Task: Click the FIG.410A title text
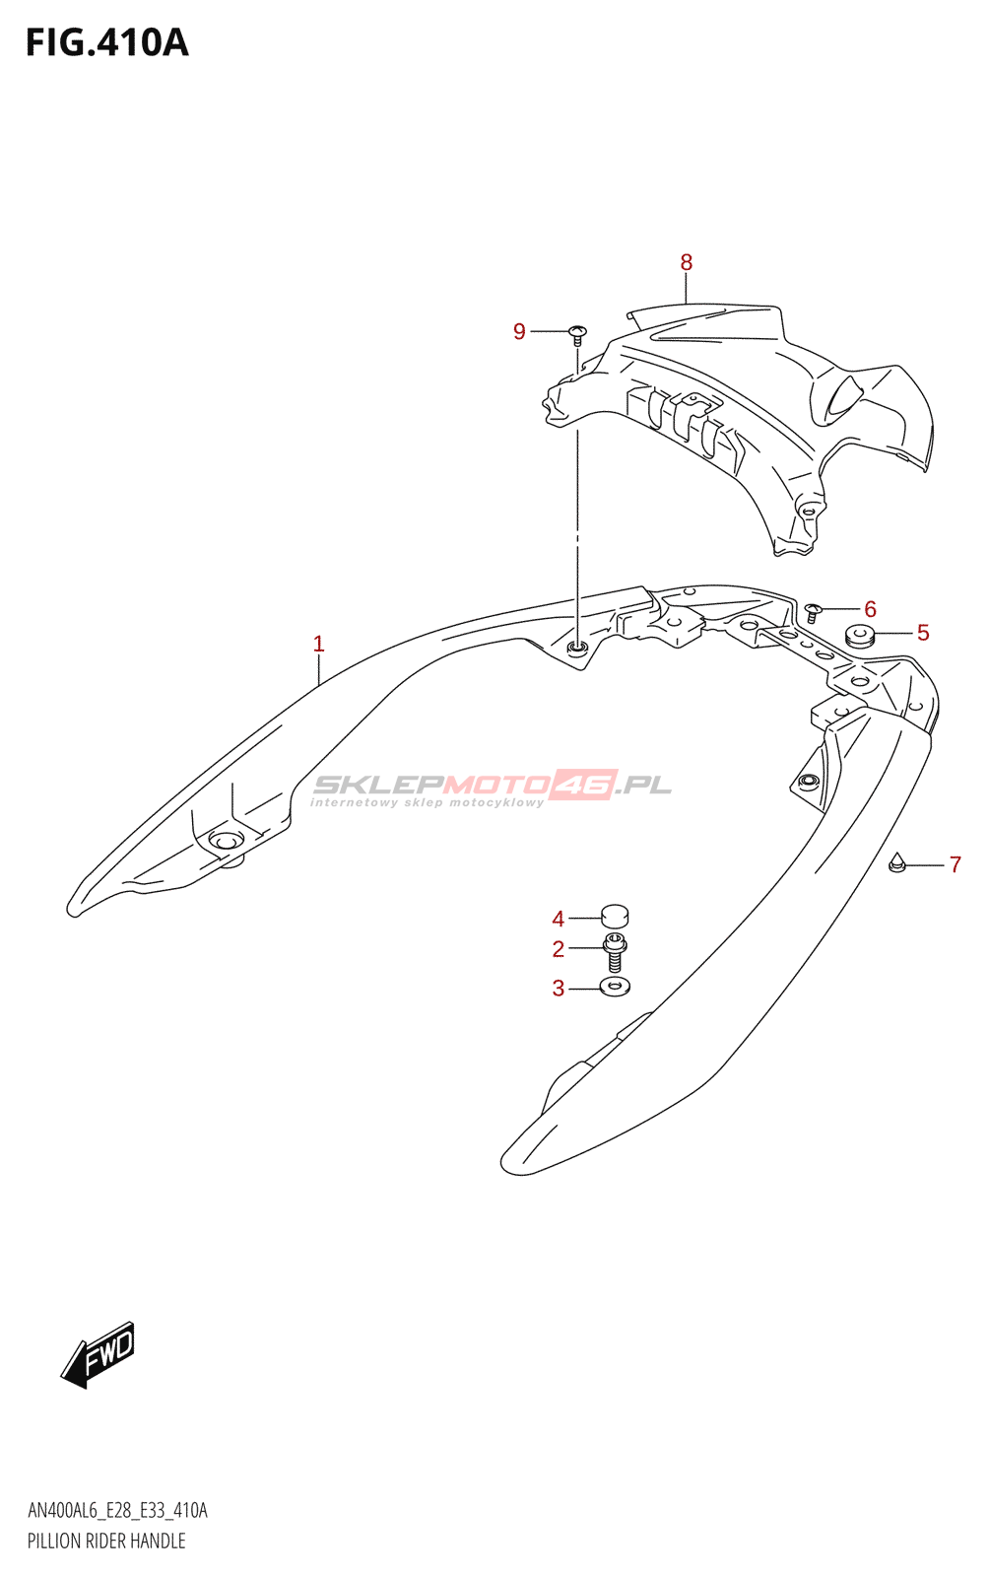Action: coord(106,43)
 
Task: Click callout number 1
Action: coord(318,644)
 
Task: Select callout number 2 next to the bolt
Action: coord(558,949)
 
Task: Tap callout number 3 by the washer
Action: coord(558,988)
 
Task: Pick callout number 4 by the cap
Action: coord(558,919)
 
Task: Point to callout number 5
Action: coord(922,633)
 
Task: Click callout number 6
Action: coord(870,609)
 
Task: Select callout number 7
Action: coord(954,865)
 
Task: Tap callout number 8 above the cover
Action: coord(686,262)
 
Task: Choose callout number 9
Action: coord(519,331)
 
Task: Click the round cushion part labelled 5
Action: coord(860,636)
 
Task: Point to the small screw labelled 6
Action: coord(813,612)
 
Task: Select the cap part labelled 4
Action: coord(615,917)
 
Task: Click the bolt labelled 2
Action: coord(615,953)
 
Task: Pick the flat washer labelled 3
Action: coord(615,986)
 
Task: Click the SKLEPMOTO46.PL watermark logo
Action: coord(492,787)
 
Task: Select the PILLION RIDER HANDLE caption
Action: coord(106,1541)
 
